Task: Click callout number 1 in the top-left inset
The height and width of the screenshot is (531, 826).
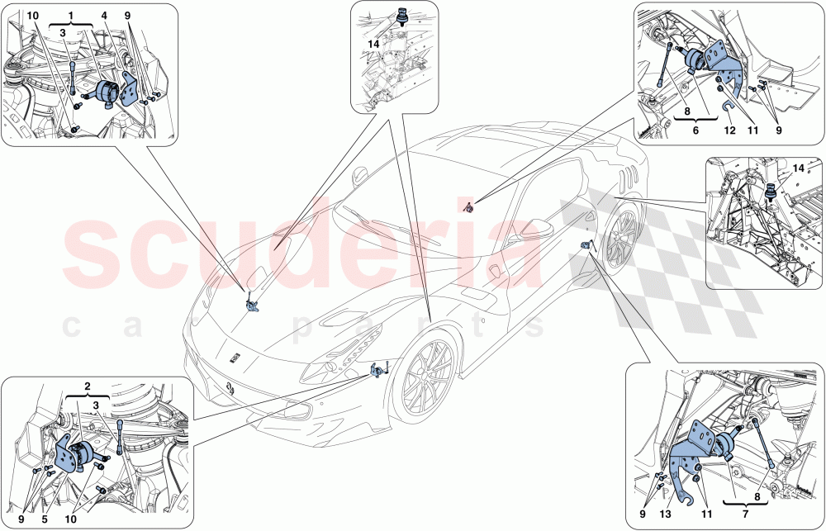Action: [x=71, y=16]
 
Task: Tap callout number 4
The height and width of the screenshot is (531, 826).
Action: [x=105, y=16]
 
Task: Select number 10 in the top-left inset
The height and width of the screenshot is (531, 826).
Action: [x=32, y=16]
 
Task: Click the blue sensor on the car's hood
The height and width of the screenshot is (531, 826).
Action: [x=252, y=306]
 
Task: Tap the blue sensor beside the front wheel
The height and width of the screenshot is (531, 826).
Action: [x=378, y=370]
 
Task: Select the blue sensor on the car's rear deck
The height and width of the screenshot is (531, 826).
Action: [x=468, y=207]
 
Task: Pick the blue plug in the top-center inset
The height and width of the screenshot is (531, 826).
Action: [x=403, y=16]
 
